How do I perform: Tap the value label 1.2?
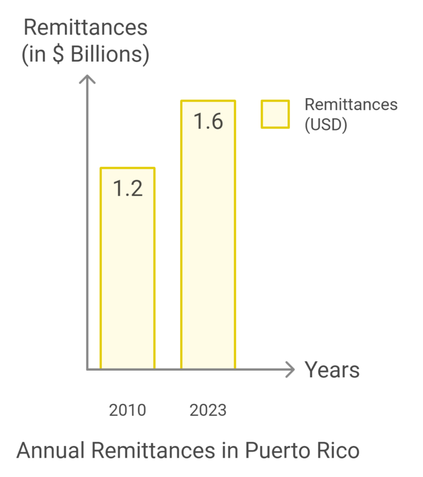tap(128, 188)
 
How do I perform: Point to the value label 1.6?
tap(208, 121)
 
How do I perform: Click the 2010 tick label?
tap(127, 410)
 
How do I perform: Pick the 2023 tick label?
tap(208, 410)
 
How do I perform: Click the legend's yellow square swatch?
tap(275, 115)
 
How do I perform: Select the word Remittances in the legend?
tap(351, 105)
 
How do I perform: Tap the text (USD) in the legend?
tap(326, 125)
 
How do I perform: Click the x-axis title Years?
tap(332, 370)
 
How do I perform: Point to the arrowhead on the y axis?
tap(87, 80)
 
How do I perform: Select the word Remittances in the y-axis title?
tap(85, 28)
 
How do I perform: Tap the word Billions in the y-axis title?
tap(108, 56)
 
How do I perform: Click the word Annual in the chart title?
tap(51, 451)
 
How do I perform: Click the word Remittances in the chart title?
tap(152, 451)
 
